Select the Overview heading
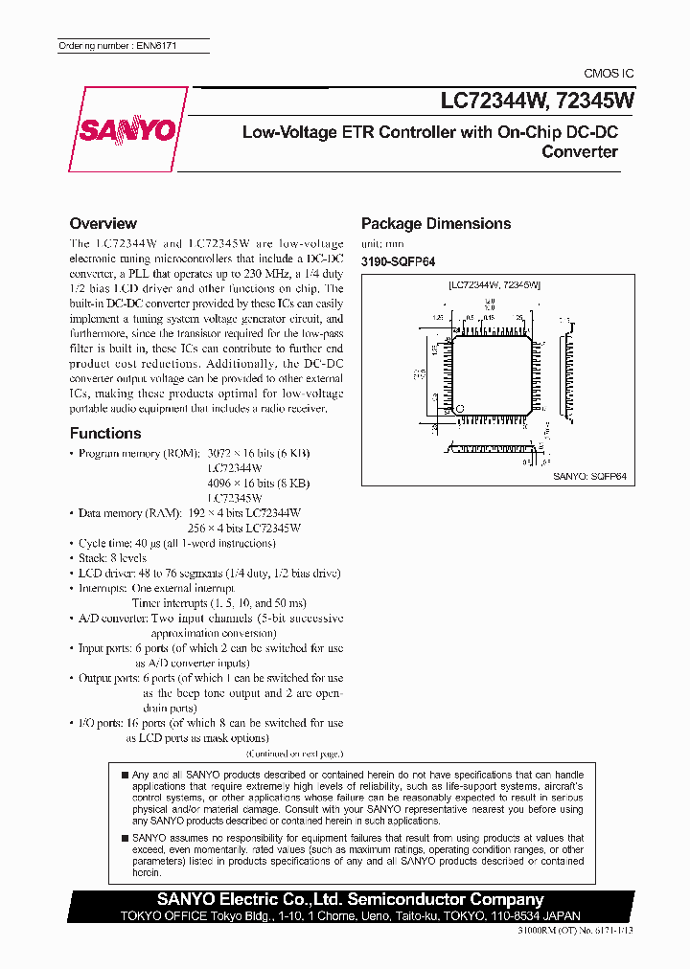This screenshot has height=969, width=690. pyautogui.click(x=103, y=223)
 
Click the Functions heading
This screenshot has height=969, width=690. pyautogui.click(x=105, y=433)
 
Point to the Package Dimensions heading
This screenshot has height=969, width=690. pyautogui.click(x=436, y=224)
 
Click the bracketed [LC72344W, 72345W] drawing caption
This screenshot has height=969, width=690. pyautogui.click(x=494, y=285)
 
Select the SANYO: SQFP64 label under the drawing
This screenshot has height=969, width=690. pyautogui.click(x=589, y=475)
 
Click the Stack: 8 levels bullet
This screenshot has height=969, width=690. pyautogui.click(x=112, y=557)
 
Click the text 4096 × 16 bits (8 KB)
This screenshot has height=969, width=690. pyautogui.click(x=258, y=484)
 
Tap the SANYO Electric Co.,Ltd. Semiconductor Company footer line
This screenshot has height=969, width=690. pyautogui.click(x=351, y=899)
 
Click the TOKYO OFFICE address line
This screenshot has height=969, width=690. pyautogui.click(x=351, y=915)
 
